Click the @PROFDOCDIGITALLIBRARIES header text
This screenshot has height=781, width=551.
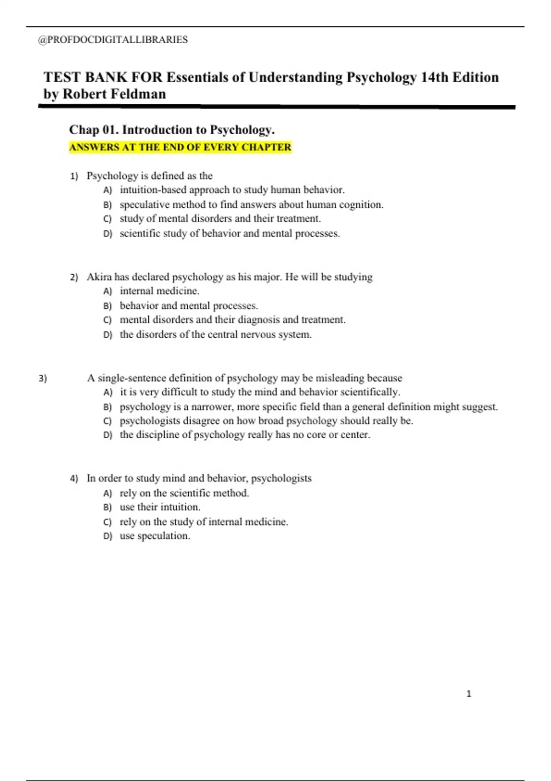click(113, 40)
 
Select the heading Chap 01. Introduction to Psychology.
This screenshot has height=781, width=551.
click(172, 130)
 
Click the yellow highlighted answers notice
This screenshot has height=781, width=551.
click(180, 147)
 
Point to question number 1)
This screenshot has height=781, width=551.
click(74, 176)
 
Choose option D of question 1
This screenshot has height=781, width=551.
click(230, 233)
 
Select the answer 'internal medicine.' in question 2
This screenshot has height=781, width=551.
click(159, 291)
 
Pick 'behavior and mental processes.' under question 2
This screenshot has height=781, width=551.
click(189, 306)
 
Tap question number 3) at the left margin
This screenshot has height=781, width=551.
click(43, 379)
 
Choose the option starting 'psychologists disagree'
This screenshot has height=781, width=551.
click(266, 421)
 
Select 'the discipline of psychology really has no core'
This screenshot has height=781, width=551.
click(245, 435)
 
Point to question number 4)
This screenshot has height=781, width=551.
click(74, 479)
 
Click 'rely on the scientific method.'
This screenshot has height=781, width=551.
click(184, 493)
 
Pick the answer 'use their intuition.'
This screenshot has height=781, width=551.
click(160, 507)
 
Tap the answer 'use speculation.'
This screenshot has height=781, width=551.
click(155, 536)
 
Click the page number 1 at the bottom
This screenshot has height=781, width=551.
click(468, 694)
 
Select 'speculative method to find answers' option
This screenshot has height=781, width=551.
click(251, 205)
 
